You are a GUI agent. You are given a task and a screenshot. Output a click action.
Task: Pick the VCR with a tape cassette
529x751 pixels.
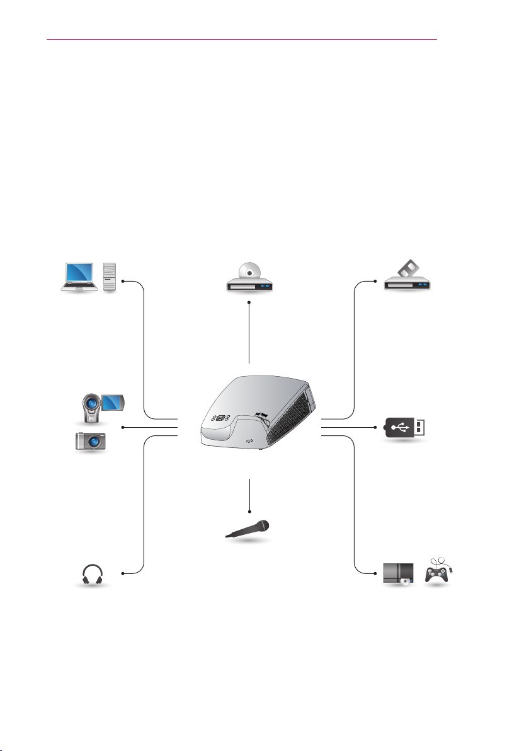pos(408,280)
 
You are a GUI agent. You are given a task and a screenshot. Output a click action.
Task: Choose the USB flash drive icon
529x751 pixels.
pos(406,428)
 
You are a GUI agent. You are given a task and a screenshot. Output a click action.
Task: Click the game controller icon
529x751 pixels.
pos(438,574)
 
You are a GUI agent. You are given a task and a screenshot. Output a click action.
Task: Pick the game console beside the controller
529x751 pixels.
pos(399,574)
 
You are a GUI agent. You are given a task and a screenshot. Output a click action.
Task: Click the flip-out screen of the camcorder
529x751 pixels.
pos(113,401)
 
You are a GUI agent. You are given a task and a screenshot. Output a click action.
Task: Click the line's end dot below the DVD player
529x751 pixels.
pos(249,303)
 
